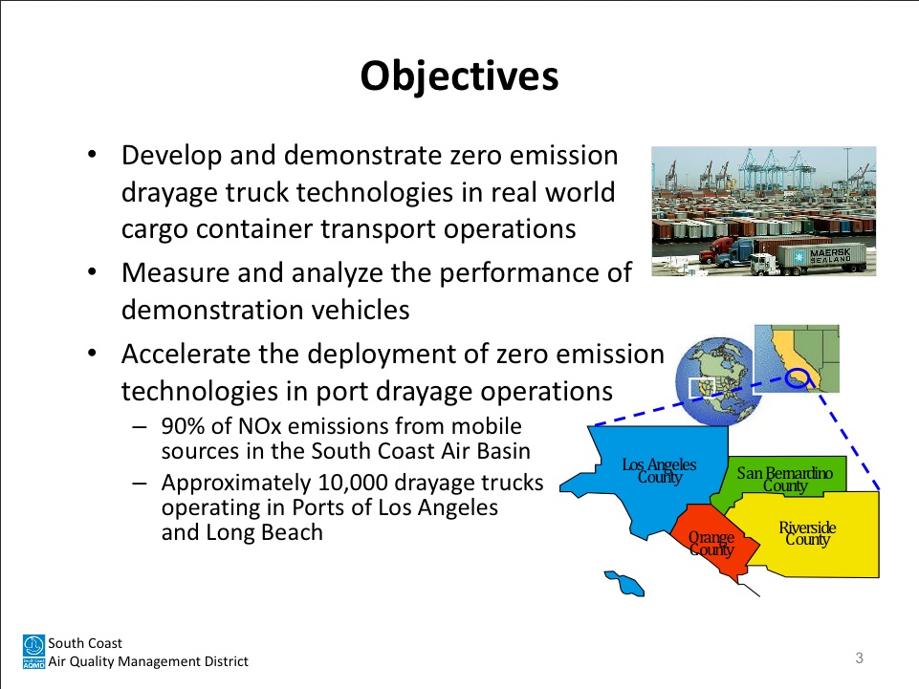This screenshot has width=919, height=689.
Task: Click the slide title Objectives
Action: (x=459, y=76)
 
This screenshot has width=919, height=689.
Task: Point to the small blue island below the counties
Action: (x=625, y=583)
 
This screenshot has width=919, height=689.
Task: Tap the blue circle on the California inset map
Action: (x=798, y=378)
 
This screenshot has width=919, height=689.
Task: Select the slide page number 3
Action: (x=859, y=658)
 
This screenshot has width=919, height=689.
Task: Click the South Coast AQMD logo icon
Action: (x=33, y=652)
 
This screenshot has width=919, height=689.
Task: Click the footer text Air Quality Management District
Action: (x=148, y=661)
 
